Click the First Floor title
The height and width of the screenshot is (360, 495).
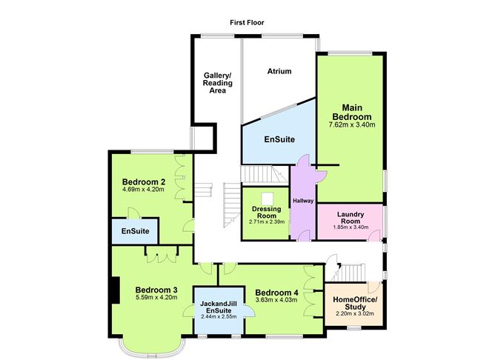point(247,23)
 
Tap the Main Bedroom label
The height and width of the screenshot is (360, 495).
point(352,112)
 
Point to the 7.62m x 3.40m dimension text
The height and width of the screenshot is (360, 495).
point(352,124)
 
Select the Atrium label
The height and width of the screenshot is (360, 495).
point(279,71)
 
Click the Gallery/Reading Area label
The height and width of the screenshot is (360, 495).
point(218,83)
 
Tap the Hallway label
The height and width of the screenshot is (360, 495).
point(303,201)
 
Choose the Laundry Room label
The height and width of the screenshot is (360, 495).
point(351,218)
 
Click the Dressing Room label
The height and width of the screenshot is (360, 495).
point(267,213)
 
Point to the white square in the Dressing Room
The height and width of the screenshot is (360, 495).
point(267,199)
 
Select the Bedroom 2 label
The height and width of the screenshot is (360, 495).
point(144,182)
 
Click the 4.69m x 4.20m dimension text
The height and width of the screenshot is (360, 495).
point(143,190)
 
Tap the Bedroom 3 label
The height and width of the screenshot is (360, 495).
point(156,290)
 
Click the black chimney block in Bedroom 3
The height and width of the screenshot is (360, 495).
point(114,290)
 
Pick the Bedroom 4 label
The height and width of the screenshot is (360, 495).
point(276,293)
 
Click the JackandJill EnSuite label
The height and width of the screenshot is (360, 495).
point(219,307)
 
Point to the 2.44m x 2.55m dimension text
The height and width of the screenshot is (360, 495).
point(219,316)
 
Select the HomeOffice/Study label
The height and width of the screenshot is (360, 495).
point(355,303)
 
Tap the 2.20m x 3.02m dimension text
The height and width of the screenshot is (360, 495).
point(355,313)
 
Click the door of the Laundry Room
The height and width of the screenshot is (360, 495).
point(374,236)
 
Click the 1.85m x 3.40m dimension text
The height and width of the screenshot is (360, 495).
point(351,227)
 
